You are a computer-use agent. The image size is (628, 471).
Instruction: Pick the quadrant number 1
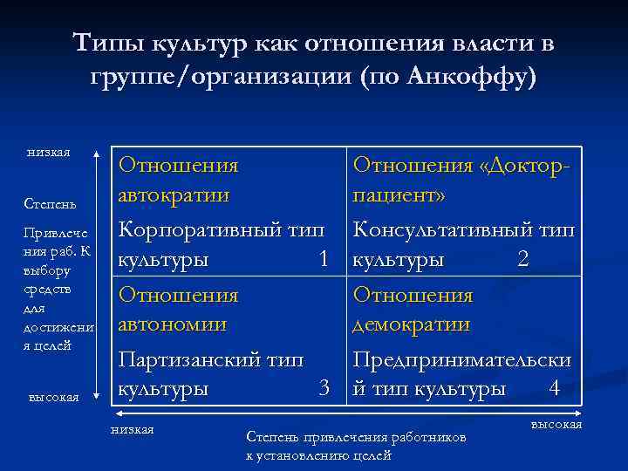pos(324,260)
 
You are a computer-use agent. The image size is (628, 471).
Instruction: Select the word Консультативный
pos(437,230)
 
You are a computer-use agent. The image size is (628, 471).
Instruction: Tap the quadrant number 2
pos(523,260)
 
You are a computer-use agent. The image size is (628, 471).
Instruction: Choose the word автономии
pos(174,324)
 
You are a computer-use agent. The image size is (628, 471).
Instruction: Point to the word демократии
pos(411,324)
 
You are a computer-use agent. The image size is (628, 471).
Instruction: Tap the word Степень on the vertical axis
pos(51,204)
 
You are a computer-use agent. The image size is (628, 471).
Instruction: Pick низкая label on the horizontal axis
pos(133,429)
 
